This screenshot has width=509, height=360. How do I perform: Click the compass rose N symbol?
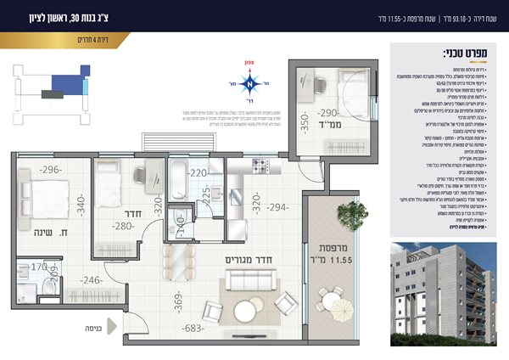(x=249, y=83)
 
